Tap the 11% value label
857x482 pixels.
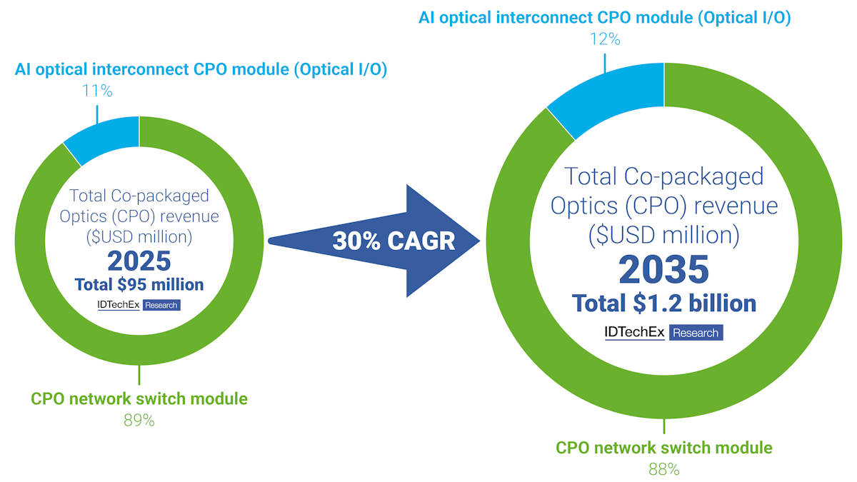tap(97, 91)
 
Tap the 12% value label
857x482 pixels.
tap(604, 39)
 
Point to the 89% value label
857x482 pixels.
tap(139, 420)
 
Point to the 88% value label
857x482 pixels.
tap(663, 469)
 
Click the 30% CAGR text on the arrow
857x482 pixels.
tap(394, 241)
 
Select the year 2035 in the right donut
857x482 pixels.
tap(663, 269)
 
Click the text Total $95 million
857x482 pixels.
tap(139, 284)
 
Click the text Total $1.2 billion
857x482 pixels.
tap(663, 303)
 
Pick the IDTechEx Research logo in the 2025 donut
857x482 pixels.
tap(139, 305)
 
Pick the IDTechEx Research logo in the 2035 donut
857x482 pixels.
tap(663, 332)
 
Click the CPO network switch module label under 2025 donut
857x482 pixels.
tap(139, 398)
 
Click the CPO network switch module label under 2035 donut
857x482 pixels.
tap(663, 448)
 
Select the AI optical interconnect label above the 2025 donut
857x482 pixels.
tap(201, 71)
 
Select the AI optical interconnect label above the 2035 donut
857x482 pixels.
tap(604, 18)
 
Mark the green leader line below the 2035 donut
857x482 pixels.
tap(664, 426)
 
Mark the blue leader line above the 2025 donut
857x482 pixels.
tap(97, 113)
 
